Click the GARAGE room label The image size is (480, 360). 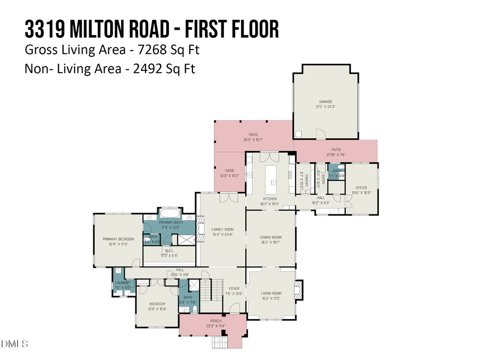click(x=325, y=101)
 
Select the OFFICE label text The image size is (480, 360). click(x=362, y=188)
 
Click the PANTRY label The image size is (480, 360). click(x=301, y=178)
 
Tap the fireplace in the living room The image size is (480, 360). click(x=299, y=289)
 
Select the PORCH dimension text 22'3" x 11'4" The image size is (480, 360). click(x=212, y=326)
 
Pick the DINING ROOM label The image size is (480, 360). click(x=270, y=237)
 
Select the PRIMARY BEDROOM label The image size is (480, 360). click(x=118, y=239)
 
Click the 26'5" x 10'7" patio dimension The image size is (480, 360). click(x=253, y=140)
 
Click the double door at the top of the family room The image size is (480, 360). click(x=230, y=197)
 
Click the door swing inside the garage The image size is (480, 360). click(x=319, y=133)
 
